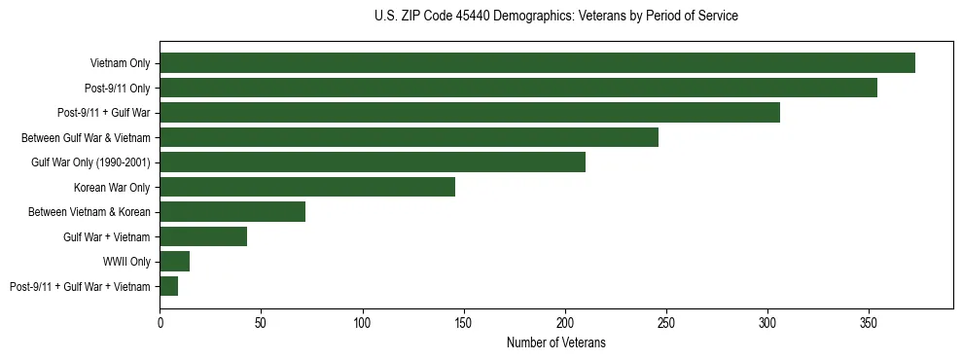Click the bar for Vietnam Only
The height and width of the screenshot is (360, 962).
click(x=537, y=63)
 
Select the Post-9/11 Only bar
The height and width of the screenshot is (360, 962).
click(x=518, y=88)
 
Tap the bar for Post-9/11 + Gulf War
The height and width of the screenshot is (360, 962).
click(x=470, y=113)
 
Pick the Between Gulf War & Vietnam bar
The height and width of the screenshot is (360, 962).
click(x=409, y=137)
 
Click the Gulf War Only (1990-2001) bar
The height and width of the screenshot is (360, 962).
click(x=373, y=162)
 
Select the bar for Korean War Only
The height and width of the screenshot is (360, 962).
click(x=307, y=187)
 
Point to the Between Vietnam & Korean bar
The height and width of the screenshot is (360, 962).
click(x=232, y=212)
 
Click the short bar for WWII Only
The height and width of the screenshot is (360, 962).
click(x=175, y=262)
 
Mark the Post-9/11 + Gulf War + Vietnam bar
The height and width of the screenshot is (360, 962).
click(x=169, y=286)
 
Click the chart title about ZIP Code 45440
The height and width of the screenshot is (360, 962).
click(x=555, y=17)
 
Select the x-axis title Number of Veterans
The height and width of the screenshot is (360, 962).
click(x=555, y=342)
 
